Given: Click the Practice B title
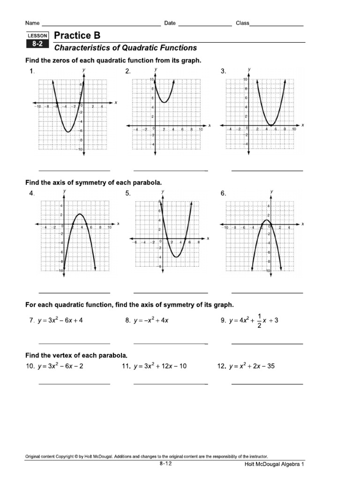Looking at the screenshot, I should (77, 36).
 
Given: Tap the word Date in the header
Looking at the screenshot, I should (170, 23).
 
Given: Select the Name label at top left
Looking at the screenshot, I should (32, 23).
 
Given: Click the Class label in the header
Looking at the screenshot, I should (242, 23).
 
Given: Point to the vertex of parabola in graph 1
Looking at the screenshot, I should (68, 132).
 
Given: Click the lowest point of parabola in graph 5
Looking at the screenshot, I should (175, 257).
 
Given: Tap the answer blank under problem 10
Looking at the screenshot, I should (74, 384).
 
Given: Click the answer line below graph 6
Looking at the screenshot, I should (267, 293).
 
